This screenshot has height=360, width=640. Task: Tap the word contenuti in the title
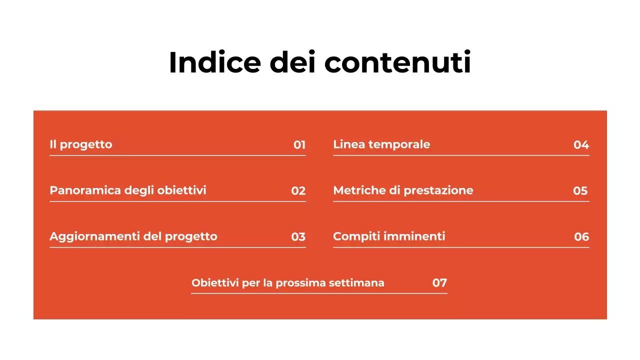(x=397, y=62)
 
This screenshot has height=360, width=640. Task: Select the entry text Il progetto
(x=81, y=144)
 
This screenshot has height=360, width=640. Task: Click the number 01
(x=299, y=145)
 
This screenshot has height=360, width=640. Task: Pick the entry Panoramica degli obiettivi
(x=128, y=190)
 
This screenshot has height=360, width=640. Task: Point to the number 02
(x=298, y=191)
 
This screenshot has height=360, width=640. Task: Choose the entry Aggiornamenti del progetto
(x=133, y=236)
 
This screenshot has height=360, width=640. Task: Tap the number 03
(x=298, y=237)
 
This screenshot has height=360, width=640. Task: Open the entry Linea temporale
(x=381, y=144)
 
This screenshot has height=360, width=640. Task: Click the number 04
(x=581, y=145)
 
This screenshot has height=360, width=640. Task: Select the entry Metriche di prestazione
(x=403, y=190)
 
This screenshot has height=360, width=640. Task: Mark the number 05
(x=580, y=191)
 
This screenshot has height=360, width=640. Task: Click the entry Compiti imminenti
(x=389, y=236)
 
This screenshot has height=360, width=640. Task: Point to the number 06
(x=581, y=237)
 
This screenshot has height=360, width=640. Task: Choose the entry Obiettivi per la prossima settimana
(x=288, y=283)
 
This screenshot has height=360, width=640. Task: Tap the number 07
(x=439, y=283)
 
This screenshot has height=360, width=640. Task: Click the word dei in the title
(x=292, y=62)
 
